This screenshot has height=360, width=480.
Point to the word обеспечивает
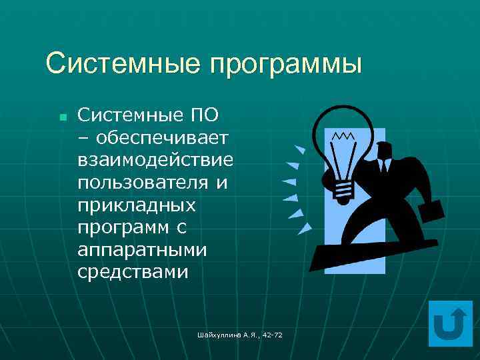[x=163, y=137]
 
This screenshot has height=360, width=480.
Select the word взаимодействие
[x=155, y=160]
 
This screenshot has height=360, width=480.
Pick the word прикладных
[x=136, y=205]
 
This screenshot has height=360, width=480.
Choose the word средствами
[x=133, y=273]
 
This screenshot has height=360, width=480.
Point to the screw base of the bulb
[x=343, y=190]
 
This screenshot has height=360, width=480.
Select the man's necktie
[x=385, y=165]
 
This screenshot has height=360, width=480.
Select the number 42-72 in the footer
[x=271, y=334]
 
